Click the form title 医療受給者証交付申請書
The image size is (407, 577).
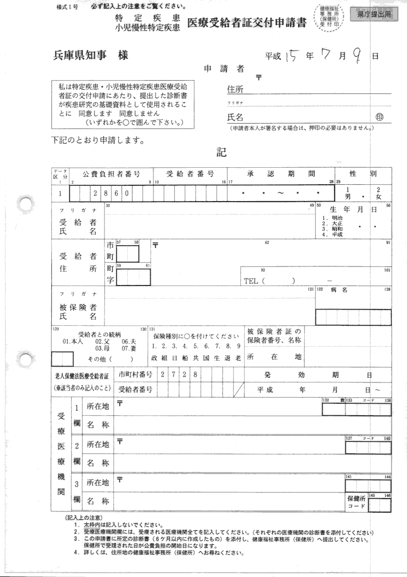246,22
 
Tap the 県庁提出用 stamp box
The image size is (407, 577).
374,15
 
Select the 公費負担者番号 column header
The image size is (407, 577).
111,174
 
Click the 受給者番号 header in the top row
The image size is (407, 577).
190,174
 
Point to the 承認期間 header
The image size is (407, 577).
281,174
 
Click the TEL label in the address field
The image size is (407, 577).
252,281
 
